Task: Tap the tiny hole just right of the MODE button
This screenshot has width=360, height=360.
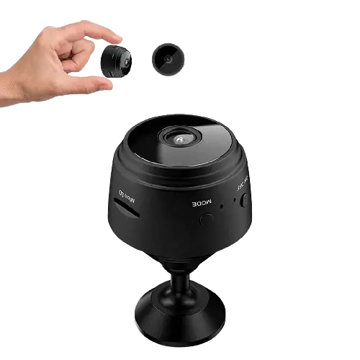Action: [222, 207]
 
